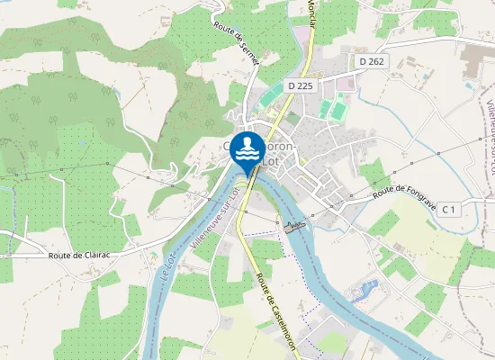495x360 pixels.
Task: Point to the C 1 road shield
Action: click(449, 209)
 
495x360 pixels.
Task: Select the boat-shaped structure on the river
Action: click(294, 225)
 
